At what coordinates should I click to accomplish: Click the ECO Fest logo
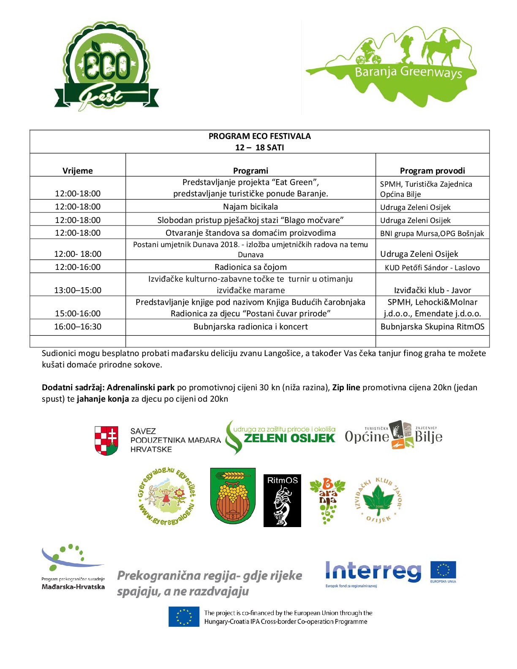(x=106, y=67)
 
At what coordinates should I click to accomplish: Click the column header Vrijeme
(x=78, y=171)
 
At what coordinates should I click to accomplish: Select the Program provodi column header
(x=432, y=171)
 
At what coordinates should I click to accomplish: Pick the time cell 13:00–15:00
(x=78, y=290)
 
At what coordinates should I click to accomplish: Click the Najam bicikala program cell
(x=250, y=207)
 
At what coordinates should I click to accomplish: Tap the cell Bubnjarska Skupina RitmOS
(x=432, y=326)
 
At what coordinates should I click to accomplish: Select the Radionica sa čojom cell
(x=250, y=267)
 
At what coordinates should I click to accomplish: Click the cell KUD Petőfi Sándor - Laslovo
(x=432, y=267)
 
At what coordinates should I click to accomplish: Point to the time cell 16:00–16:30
(x=78, y=326)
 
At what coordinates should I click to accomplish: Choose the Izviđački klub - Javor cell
(x=432, y=290)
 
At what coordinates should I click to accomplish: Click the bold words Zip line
(x=346, y=387)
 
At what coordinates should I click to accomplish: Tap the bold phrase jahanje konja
(x=103, y=399)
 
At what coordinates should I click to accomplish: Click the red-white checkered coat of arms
(x=106, y=441)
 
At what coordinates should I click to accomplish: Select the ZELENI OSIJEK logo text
(x=289, y=438)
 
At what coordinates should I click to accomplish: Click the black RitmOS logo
(x=282, y=500)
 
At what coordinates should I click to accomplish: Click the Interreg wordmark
(x=373, y=571)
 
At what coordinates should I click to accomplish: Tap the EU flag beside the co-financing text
(x=184, y=617)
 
